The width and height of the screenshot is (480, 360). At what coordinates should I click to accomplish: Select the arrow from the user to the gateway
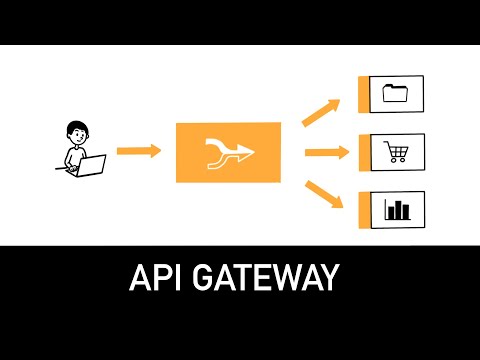pos(138,151)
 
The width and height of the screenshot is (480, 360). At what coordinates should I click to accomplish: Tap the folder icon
pos(397,94)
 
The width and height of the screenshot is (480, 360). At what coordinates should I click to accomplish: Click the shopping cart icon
pos(397,152)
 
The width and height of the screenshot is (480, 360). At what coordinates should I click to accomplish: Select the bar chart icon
pos(397,210)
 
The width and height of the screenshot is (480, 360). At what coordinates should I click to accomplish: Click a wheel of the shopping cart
pos(393,161)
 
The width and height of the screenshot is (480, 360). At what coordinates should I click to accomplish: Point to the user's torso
pos(73,155)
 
